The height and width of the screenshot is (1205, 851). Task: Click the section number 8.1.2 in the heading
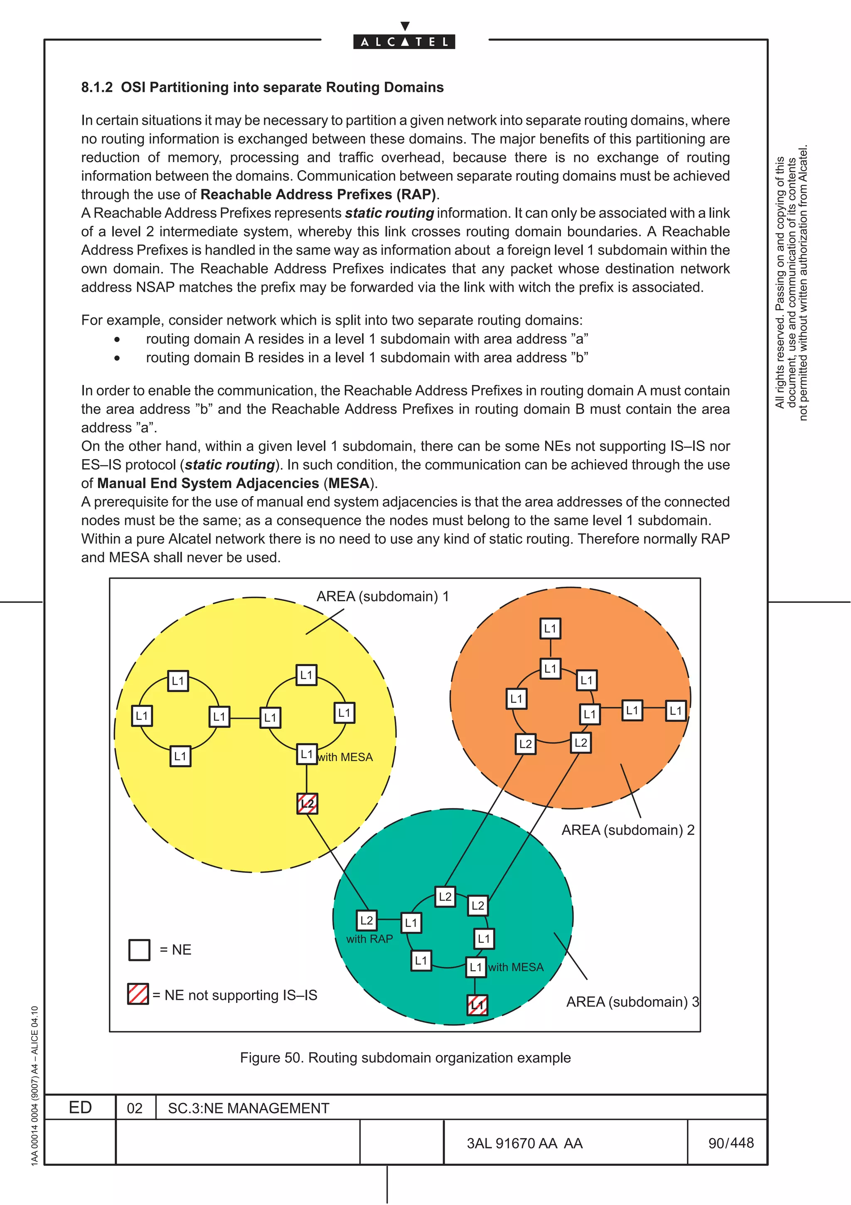point(96,87)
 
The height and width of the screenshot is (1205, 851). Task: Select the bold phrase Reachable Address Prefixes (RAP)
point(318,194)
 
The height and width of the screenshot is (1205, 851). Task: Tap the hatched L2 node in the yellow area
point(307,803)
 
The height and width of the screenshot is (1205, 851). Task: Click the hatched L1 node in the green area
point(477,1005)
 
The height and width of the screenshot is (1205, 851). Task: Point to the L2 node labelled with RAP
point(366,921)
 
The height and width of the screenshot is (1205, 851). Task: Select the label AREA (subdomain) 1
point(382,596)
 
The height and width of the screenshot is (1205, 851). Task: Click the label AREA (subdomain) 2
point(627,830)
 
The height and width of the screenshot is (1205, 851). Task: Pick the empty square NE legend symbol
point(139,949)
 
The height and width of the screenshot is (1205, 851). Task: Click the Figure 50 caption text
point(405,1057)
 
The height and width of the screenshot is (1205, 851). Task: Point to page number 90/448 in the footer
point(730,1143)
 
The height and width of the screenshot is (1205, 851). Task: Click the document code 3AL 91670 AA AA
point(524,1143)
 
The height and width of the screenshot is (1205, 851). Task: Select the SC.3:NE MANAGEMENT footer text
point(248,1108)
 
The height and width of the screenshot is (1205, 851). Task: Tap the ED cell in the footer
point(80,1107)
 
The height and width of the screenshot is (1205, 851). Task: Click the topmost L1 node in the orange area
point(550,628)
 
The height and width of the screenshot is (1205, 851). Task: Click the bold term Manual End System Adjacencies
point(208,483)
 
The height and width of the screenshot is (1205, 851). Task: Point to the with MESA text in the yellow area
point(345,757)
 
